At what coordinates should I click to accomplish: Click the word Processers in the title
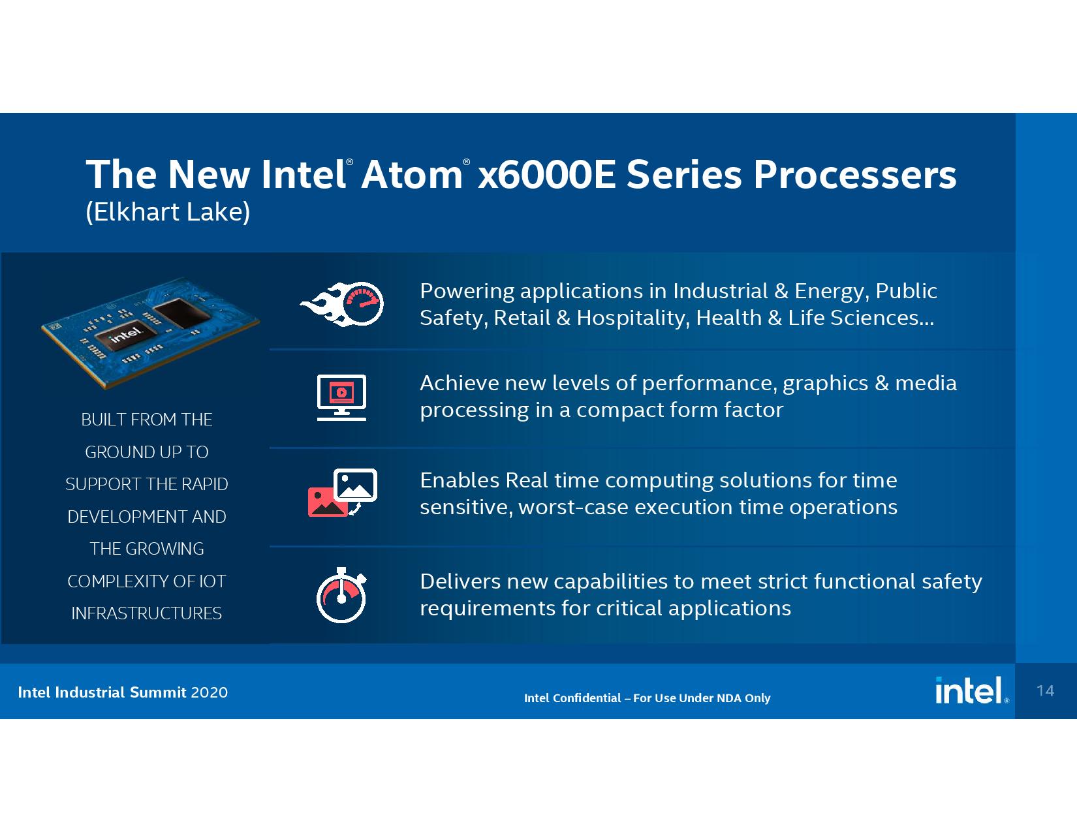point(855,175)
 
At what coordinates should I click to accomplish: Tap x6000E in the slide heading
point(547,175)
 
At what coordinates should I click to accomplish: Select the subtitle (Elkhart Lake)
point(168,212)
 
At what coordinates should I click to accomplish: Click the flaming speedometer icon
point(341,304)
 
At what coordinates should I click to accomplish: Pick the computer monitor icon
point(341,397)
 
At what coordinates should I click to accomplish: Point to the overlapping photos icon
point(343,493)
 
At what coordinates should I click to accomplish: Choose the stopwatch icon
point(341,595)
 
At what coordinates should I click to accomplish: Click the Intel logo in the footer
point(971,691)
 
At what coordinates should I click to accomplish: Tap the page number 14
point(1045,691)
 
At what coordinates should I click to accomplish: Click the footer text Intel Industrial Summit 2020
point(123,692)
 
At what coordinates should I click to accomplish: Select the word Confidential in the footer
point(587,698)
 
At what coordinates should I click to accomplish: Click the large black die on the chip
point(180,313)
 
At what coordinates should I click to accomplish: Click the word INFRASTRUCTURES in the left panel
point(147,613)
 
